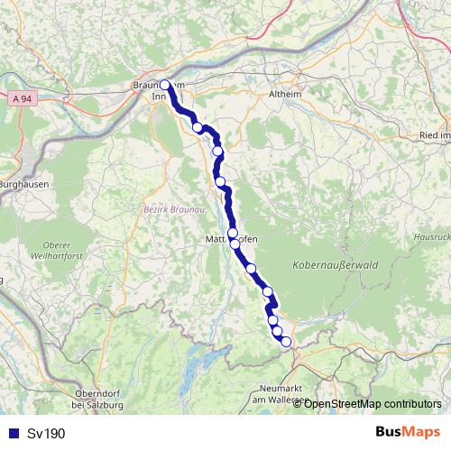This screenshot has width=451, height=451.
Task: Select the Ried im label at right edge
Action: point(434,135)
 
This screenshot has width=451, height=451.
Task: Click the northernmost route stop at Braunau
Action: point(164,86)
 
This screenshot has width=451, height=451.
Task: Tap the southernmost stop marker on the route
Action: point(286,341)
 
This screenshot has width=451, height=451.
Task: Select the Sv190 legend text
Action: point(46,434)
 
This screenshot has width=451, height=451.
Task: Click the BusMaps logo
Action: point(408,433)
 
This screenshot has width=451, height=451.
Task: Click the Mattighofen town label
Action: point(231,239)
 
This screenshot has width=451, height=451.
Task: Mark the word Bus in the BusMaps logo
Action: point(390,433)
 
